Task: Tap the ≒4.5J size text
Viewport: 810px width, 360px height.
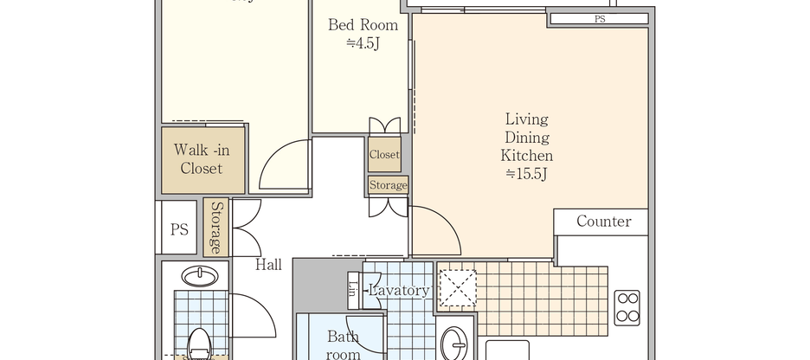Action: [363, 43]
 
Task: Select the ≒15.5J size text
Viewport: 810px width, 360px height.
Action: [527, 175]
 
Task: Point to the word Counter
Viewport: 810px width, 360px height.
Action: [603, 222]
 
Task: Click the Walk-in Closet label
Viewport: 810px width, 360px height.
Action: [202, 159]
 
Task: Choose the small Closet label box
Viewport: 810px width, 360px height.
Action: [384, 155]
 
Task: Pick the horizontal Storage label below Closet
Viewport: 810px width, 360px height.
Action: [388, 185]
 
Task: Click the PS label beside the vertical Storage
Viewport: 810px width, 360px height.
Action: [179, 229]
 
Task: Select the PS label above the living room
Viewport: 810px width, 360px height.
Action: [599, 18]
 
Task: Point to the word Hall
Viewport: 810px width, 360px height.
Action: [268, 265]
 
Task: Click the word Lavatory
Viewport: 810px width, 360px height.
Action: [398, 291]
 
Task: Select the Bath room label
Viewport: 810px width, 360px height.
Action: [343, 344]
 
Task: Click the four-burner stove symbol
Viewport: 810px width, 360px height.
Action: [627, 307]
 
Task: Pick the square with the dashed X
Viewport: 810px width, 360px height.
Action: [458, 287]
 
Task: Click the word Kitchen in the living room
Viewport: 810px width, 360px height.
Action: [527, 157]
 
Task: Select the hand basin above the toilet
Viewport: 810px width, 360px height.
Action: [201, 276]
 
